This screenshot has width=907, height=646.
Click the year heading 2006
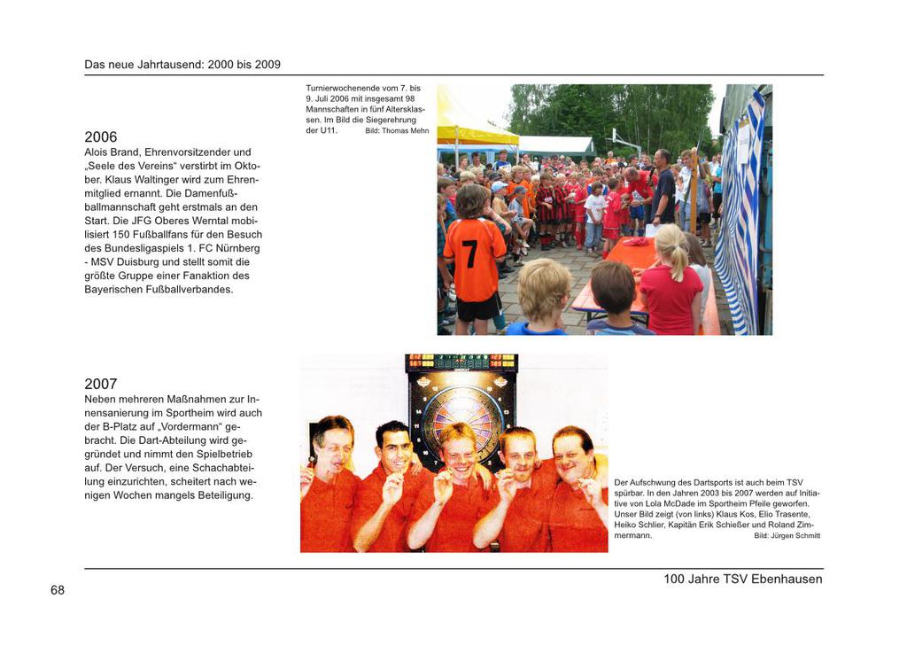pyautogui.click(x=100, y=137)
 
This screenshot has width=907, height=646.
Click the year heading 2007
pyautogui.click(x=100, y=385)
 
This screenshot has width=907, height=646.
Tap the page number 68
pyautogui.click(x=58, y=590)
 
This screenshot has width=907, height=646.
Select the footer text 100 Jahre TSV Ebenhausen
pyautogui.click(x=742, y=580)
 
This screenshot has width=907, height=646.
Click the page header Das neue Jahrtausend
pyautogui.click(x=182, y=65)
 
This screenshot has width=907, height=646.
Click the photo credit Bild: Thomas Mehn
pyautogui.click(x=397, y=131)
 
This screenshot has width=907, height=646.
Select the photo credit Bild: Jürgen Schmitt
pyautogui.click(x=787, y=536)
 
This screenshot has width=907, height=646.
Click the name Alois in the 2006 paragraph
pyautogui.click(x=98, y=152)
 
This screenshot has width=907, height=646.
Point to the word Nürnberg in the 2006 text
pyautogui.click(x=238, y=235)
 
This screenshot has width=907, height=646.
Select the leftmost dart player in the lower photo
pyautogui.click(x=329, y=483)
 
